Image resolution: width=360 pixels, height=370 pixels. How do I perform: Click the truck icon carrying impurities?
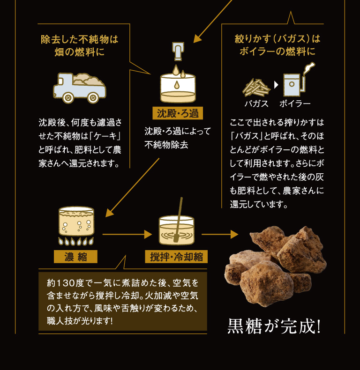click(x=79, y=88)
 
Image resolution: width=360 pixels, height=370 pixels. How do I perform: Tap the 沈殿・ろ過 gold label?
click(x=178, y=113)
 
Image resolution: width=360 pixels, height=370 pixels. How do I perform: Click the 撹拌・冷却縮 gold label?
click(x=176, y=257)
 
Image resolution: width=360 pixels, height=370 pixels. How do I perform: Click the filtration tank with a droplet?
click(x=178, y=88)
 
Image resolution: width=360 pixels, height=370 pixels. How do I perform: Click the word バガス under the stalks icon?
click(x=256, y=104)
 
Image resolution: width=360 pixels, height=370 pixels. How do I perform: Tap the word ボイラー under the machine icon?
click(x=295, y=104)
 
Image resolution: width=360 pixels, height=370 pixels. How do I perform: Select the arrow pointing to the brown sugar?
click(x=220, y=233)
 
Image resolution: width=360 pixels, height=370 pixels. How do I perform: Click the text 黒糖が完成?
click(x=274, y=326)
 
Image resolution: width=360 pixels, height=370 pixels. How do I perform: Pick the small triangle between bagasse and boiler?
click(x=276, y=85)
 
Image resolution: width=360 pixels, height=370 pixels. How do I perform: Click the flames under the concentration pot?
click(x=76, y=242)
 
